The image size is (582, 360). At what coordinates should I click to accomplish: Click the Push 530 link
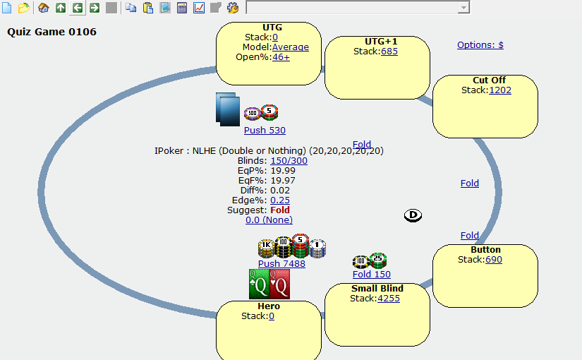pos(265,131)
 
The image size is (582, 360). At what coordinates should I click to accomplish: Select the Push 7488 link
pos(281,264)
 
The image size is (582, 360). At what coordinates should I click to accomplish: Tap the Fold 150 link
pos(372,275)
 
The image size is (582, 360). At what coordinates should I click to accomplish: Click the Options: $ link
pos(480,44)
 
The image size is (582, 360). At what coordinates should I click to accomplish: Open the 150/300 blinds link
pos(289,160)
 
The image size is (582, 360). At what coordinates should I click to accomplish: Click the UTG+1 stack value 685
pos(389,51)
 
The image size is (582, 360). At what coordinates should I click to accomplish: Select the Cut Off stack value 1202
pos(500,90)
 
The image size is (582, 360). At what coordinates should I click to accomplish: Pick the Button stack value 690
pos(494,260)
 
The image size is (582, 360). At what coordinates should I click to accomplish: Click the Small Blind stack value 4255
pos(389,298)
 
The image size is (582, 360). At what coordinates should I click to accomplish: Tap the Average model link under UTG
pos(291,47)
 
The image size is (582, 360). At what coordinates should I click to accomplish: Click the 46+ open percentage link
pos(281,57)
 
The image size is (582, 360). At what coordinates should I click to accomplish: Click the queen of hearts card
pos(280,284)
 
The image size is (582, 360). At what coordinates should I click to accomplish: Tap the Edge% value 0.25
pos(280,200)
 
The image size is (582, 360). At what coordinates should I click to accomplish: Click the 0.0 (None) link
pos(269,220)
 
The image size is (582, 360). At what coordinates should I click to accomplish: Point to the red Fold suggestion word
pos(280,210)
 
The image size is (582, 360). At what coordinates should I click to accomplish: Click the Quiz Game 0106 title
pos(52,32)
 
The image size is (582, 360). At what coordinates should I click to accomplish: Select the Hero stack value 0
pos(272,316)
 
